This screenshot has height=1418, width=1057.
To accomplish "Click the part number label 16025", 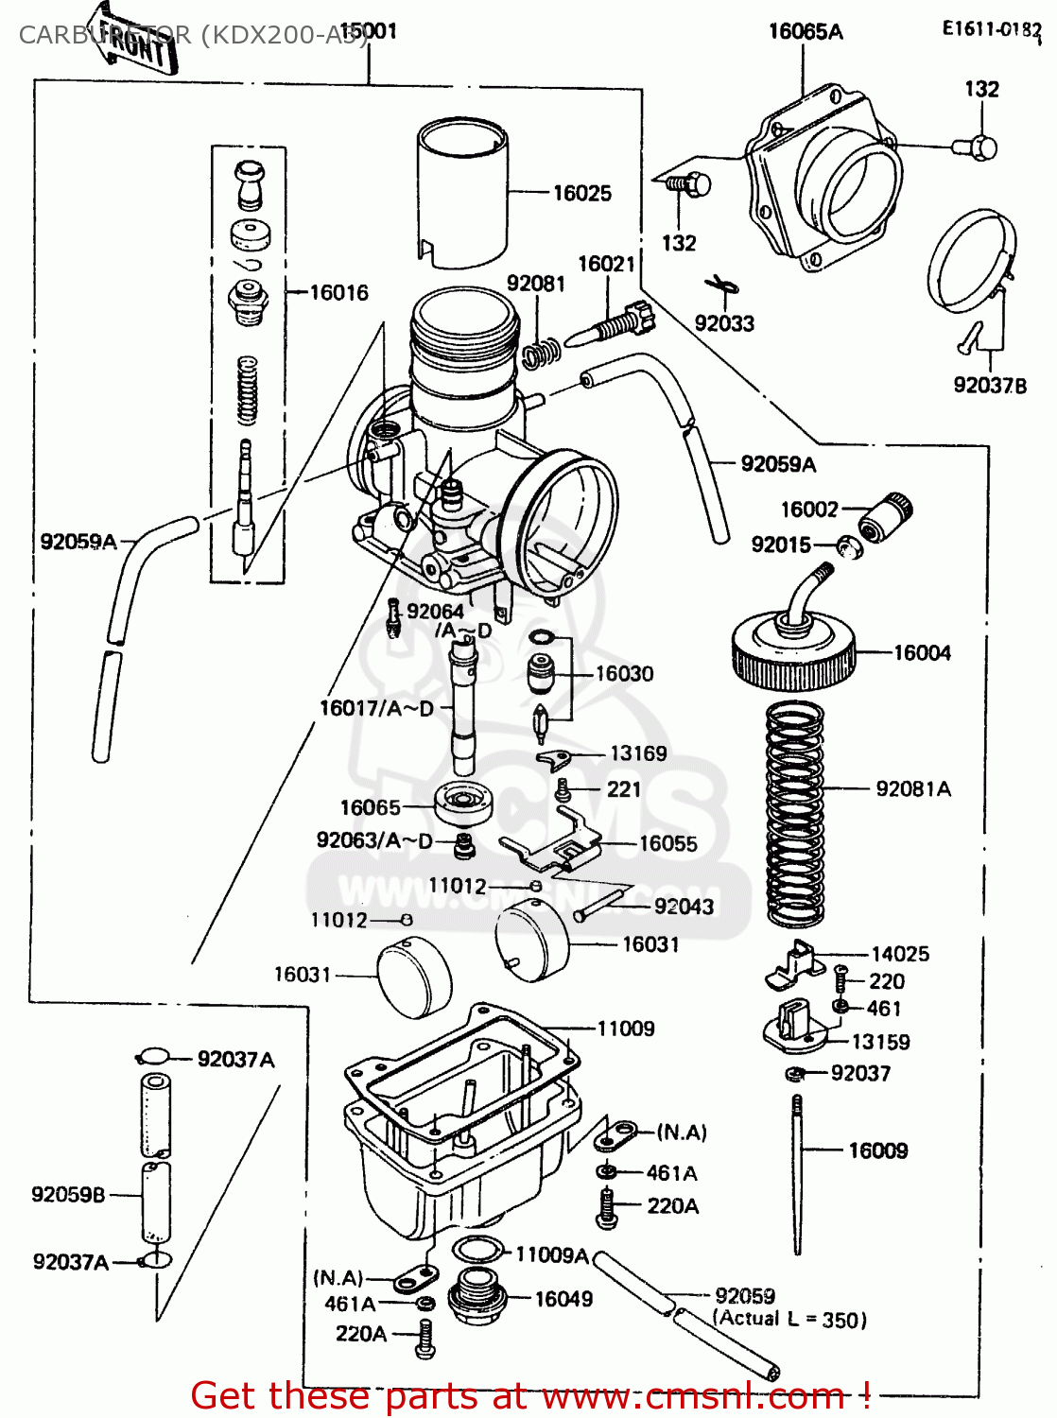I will pos(581,193).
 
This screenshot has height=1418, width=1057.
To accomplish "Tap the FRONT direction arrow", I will pos(132,40).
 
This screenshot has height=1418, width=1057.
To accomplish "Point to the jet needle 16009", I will pos(798,1172).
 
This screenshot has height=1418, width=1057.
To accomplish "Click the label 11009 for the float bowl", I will pos(626,1029).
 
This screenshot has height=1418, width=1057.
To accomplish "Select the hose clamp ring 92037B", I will pos(971,260).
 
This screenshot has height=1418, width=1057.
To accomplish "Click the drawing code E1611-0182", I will pos(990,29).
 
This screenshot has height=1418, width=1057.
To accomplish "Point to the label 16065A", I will pos(806,31).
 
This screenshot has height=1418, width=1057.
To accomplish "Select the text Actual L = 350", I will pos(789,1319).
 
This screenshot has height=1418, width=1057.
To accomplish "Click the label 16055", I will pos(667,843).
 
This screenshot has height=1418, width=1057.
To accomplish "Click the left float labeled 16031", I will pos(414,978).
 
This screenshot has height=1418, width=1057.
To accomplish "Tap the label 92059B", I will pos(68,1194).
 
